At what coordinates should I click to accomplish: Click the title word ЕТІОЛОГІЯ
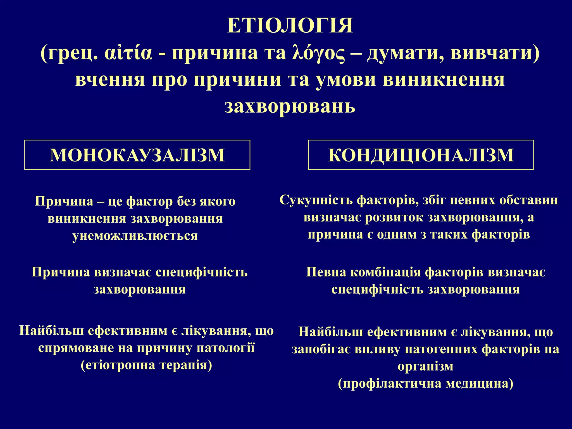[290, 26]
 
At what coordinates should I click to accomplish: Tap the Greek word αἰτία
[129, 53]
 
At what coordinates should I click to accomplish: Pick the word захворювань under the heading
[290, 106]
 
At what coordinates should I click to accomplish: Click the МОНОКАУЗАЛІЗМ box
[137, 155]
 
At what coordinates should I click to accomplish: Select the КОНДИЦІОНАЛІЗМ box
[421, 155]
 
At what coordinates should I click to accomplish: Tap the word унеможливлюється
[135, 235]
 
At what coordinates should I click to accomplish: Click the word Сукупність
[316, 200]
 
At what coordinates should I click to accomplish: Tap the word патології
[226, 348]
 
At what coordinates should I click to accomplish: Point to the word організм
[426, 366]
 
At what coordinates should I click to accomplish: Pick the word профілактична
[390, 383]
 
